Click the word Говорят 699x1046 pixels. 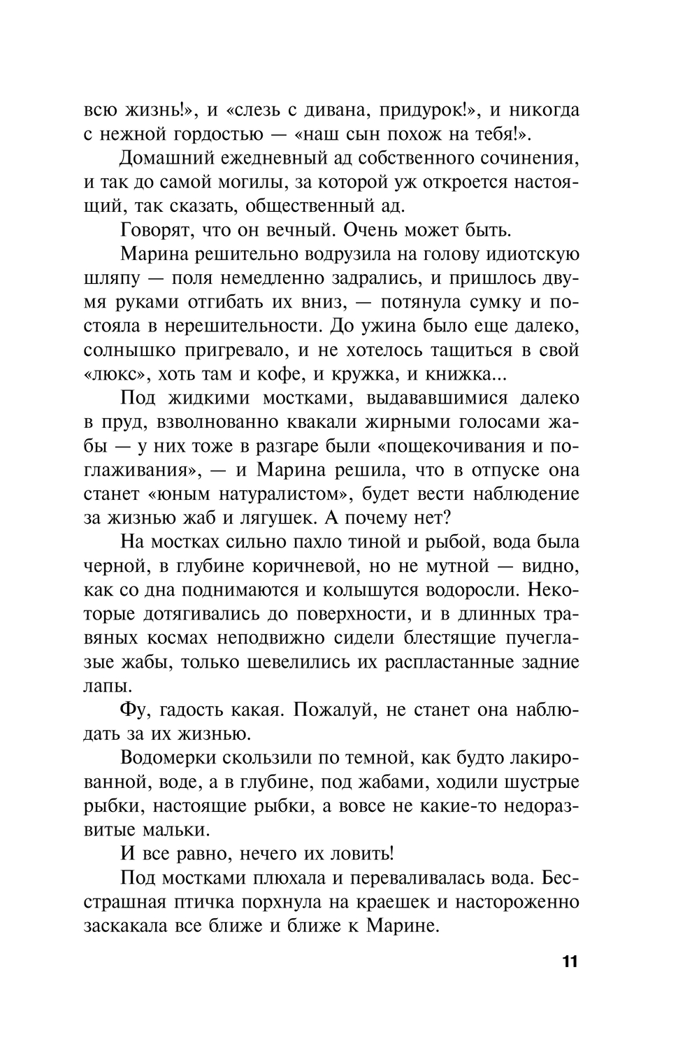tap(155, 230)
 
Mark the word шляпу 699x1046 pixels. tap(110, 278)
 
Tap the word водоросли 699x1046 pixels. tap(464, 590)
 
